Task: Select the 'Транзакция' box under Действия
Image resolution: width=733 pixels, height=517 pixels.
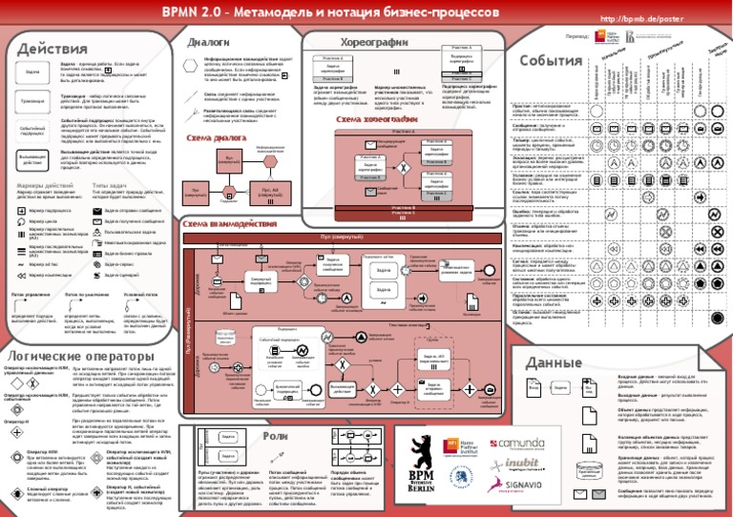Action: (x=31, y=100)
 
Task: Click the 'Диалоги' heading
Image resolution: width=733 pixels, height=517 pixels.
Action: (x=207, y=42)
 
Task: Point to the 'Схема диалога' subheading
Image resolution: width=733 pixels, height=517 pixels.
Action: (x=216, y=137)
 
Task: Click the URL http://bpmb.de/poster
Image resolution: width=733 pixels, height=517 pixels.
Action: (x=632, y=19)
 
